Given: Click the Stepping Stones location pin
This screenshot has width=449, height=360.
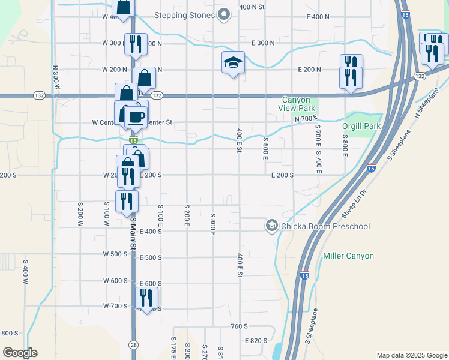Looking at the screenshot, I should pyautogui.click(x=224, y=15).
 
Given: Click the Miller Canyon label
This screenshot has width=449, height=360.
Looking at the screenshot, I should pyautogui.click(x=348, y=256).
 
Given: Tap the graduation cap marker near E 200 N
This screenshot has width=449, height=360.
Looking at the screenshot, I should pyautogui.click(x=233, y=63).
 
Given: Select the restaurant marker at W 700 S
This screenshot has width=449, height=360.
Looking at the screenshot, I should pyautogui.click(x=146, y=298).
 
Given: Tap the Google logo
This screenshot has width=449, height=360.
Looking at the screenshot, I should pyautogui.click(x=20, y=353).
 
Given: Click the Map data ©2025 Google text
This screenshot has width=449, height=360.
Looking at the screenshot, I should pyautogui.click(x=411, y=355).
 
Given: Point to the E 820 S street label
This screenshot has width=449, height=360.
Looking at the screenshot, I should pyautogui.click(x=256, y=340).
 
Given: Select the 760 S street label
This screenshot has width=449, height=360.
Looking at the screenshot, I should pyautogui.click(x=238, y=326).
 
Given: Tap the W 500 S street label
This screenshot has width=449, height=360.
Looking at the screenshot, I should pyautogui.click(x=115, y=254).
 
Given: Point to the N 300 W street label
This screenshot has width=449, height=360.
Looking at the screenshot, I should pyautogui.click(x=55, y=78).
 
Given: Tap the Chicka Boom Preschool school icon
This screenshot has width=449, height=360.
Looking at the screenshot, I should pyautogui.click(x=271, y=226).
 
